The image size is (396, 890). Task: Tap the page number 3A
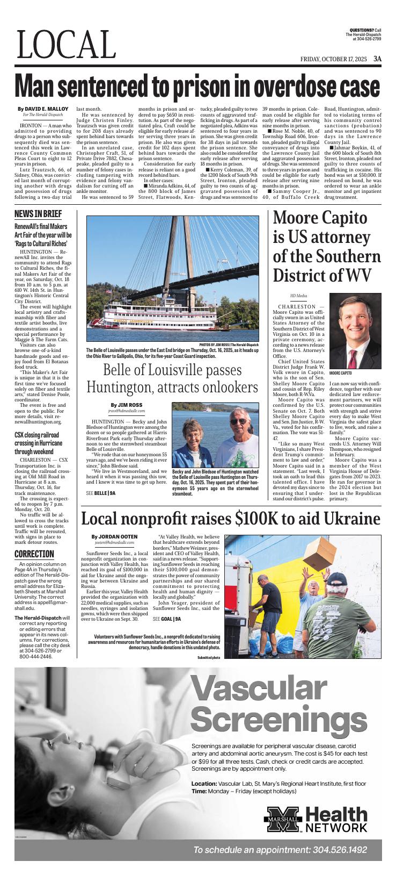click(x=378, y=59)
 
